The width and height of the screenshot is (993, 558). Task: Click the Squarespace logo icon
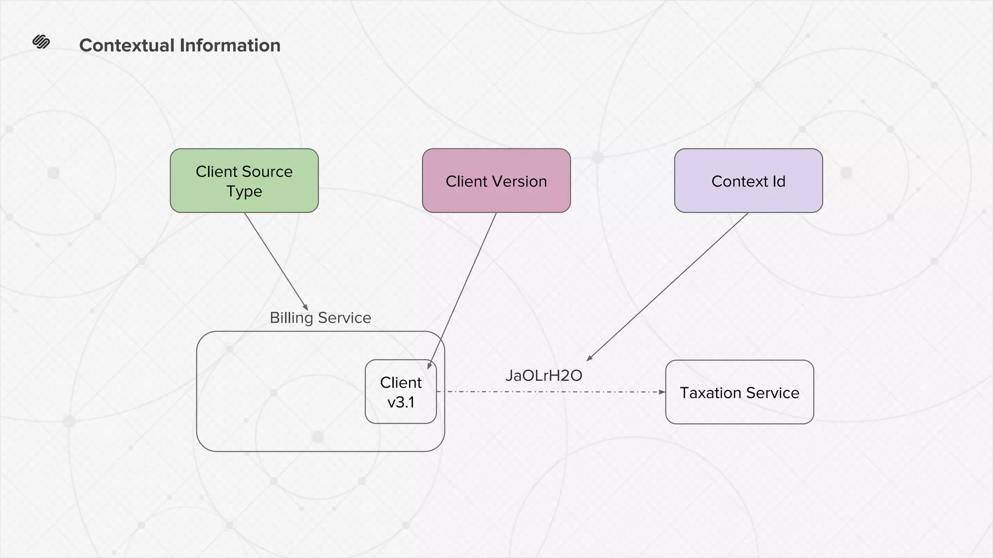pyautogui.click(x=41, y=42)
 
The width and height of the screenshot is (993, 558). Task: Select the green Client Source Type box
pyautogui.click(x=244, y=181)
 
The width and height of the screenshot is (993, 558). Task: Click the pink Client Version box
pyautogui.click(x=496, y=181)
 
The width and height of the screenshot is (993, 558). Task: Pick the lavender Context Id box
pyautogui.click(x=748, y=181)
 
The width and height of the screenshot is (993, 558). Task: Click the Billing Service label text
pyautogui.click(x=320, y=318)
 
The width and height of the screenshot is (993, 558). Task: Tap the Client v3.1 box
pyautogui.click(x=400, y=392)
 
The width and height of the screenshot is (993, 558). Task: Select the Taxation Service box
pyautogui.click(x=739, y=392)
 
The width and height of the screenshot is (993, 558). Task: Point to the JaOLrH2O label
pyautogui.click(x=543, y=375)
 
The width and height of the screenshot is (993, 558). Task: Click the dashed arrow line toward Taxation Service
pyautogui.click(x=548, y=391)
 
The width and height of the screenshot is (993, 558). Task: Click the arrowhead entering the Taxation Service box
pyautogui.click(x=662, y=392)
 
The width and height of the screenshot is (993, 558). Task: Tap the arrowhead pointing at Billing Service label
pyautogui.click(x=305, y=307)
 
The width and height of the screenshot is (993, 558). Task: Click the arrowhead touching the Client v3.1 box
pyautogui.click(x=429, y=366)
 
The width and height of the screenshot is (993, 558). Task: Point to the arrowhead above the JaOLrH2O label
pyautogui.click(x=589, y=358)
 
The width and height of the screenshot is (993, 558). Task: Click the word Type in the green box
pyautogui.click(x=244, y=191)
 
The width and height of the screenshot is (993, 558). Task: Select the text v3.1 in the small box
pyautogui.click(x=400, y=402)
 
